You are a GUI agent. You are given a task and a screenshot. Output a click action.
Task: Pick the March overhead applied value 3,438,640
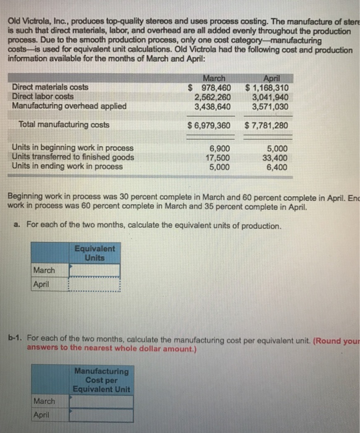pos(212,105)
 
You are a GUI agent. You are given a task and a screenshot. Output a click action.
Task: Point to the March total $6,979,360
pos(209,126)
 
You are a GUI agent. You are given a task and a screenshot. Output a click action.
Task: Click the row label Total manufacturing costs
pos(61,125)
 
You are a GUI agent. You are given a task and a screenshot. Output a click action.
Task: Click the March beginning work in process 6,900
pos(220,148)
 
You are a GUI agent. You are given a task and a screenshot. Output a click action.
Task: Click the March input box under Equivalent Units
pos(94,271)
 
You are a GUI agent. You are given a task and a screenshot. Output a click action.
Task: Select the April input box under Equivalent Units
pos(94,285)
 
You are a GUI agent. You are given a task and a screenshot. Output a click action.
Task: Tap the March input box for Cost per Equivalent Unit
pos(101,401)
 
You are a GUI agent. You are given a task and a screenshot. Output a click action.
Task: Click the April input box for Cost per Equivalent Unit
pos(101,415)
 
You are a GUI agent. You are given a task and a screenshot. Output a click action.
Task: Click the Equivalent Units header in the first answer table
pos(94,252)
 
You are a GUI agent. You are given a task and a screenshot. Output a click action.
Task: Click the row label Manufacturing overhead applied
pos(69,105)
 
